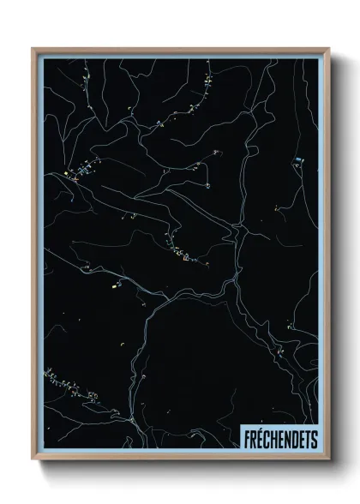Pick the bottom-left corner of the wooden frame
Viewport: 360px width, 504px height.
click(x=33, y=460)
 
